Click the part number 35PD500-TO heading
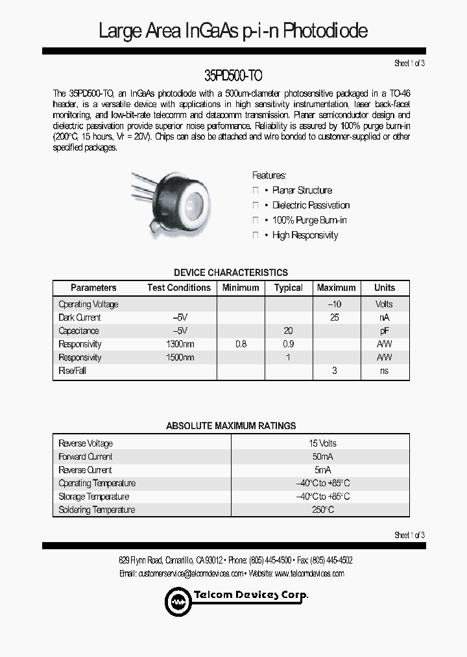click(x=233, y=75)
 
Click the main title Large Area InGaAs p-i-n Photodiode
click(x=233, y=31)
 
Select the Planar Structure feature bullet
click(x=302, y=190)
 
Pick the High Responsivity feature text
click(x=305, y=235)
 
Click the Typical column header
click(x=288, y=288)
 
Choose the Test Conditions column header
click(x=179, y=288)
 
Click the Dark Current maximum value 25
click(x=335, y=317)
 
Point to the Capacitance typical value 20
click(x=288, y=330)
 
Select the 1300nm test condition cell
click(x=180, y=344)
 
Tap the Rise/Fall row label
click(x=72, y=371)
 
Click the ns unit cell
click(x=384, y=371)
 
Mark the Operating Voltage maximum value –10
click(x=335, y=304)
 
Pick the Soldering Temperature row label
click(x=97, y=510)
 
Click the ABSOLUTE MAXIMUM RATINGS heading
click(x=231, y=426)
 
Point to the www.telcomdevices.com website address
click(x=309, y=573)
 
